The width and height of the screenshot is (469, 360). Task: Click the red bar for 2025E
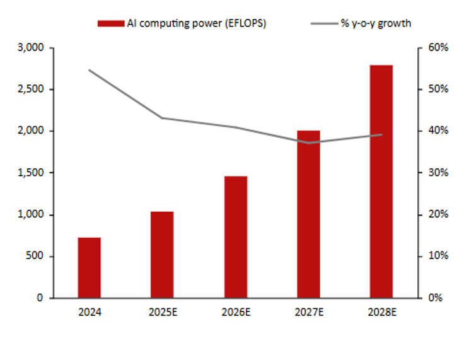(x=162, y=254)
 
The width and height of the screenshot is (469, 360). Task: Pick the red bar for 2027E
(x=308, y=214)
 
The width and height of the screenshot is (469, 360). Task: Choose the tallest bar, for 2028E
(x=381, y=181)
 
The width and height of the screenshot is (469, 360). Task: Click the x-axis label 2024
(x=89, y=311)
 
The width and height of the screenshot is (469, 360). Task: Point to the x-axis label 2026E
(x=235, y=311)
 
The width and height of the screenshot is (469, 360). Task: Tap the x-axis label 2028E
(x=381, y=311)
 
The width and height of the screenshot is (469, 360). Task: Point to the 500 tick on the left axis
(x=34, y=256)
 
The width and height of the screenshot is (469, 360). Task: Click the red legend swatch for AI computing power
(x=110, y=23)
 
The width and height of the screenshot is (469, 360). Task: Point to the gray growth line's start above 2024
(x=89, y=70)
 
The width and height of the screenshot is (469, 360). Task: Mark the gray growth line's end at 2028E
(x=381, y=134)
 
